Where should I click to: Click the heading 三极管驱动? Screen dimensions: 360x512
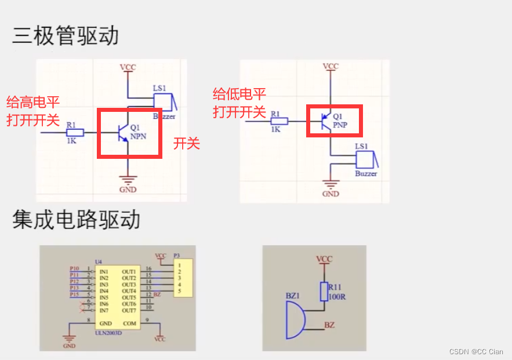click(x=66, y=36)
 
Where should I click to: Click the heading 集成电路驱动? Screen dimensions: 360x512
click(x=76, y=220)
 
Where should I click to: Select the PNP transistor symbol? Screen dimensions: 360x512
click(x=326, y=121)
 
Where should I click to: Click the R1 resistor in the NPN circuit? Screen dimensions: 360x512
click(x=75, y=132)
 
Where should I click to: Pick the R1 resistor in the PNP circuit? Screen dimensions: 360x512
click(x=279, y=121)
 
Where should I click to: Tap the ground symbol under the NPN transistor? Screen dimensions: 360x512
click(x=128, y=180)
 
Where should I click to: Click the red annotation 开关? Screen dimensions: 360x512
click(x=186, y=144)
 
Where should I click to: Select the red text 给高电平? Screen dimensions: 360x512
click(x=33, y=103)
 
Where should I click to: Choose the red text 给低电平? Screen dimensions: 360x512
click(x=239, y=94)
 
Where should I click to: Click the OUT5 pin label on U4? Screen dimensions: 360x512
click(x=128, y=297)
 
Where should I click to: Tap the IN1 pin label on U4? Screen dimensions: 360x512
click(x=104, y=271)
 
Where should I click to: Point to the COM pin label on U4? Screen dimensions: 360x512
click(x=129, y=323)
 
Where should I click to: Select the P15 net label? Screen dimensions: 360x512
click(x=75, y=294)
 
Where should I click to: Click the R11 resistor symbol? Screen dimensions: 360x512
click(x=324, y=292)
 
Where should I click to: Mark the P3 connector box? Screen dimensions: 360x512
click(x=183, y=281)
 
